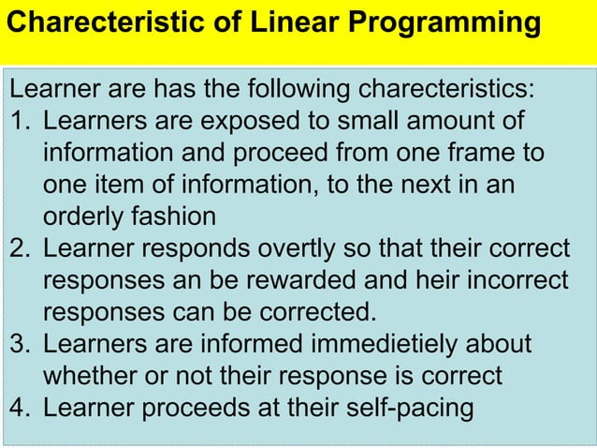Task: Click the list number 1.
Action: pyautogui.click(x=20, y=122)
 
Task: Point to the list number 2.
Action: pyautogui.click(x=20, y=249)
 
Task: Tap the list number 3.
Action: pyautogui.click(x=20, y=345)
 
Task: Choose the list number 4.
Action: pyautogui.click(x=20, y=409)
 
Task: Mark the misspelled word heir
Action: pyautogui.click(x=407, y=281)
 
